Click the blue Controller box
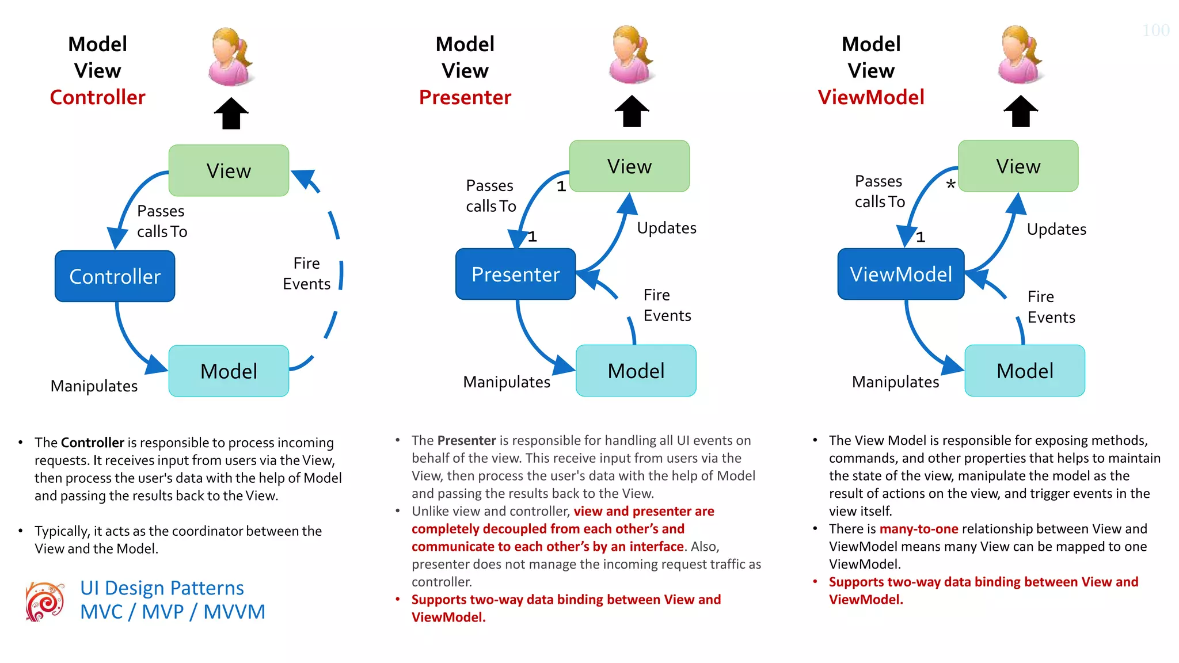[115, 276]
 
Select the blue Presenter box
[515, 274]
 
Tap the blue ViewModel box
[901, 274]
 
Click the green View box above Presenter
[629, 166]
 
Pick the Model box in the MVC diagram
[229, 371]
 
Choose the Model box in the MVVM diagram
[1025, 371]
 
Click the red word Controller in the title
[97, 97]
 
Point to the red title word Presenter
[465, 97]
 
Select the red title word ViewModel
[871, 97]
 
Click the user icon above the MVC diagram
[231, 56]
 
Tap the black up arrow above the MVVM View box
[1020, 111]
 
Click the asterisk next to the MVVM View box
[950, 185]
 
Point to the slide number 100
[1155, 31]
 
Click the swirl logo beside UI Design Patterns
[45, 601]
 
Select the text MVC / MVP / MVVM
[172, 612]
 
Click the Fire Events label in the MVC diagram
[306, 273]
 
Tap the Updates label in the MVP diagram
[666, 228]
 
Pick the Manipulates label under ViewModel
[895, 382]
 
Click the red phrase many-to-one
[919, 529]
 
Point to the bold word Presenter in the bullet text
[466, 441]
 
